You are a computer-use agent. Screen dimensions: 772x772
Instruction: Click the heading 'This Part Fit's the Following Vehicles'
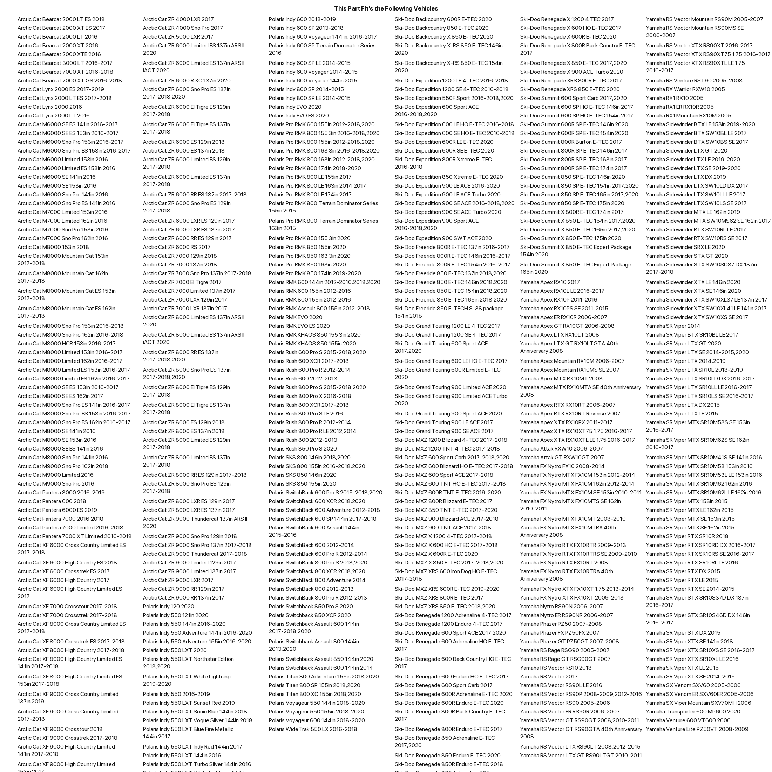(x=386, y=8)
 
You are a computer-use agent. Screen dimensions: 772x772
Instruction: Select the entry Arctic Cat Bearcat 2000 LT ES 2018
(x=61, y=19)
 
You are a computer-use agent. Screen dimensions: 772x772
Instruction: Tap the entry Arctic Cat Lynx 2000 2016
(x=49, y=107)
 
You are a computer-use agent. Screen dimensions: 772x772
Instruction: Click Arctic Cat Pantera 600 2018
(x=52, y=501)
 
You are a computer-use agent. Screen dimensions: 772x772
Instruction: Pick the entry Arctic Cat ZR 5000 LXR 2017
(x=178, y=37)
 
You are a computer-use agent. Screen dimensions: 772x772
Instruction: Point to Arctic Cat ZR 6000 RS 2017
(x=177, y=247)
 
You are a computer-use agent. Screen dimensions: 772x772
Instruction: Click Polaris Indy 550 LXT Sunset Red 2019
(x=189, y=703)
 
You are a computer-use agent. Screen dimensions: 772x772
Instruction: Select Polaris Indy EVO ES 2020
(x=298, y=115)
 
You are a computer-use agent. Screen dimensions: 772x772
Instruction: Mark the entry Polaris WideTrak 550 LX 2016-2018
(x=313, y=729)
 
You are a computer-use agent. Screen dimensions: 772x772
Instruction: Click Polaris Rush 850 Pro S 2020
(x=303, y=449)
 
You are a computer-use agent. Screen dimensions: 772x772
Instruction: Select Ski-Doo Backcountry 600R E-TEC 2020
(x=443, y=19)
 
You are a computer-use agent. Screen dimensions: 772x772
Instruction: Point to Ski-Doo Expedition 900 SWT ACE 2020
(x=443, y=238)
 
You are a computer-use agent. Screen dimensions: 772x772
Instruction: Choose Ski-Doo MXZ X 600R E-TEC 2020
(x=436, y=554)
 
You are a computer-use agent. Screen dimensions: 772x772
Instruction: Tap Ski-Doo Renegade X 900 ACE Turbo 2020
(x=571, y=72)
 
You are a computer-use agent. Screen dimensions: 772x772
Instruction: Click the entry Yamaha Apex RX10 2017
(x=549, y=282)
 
